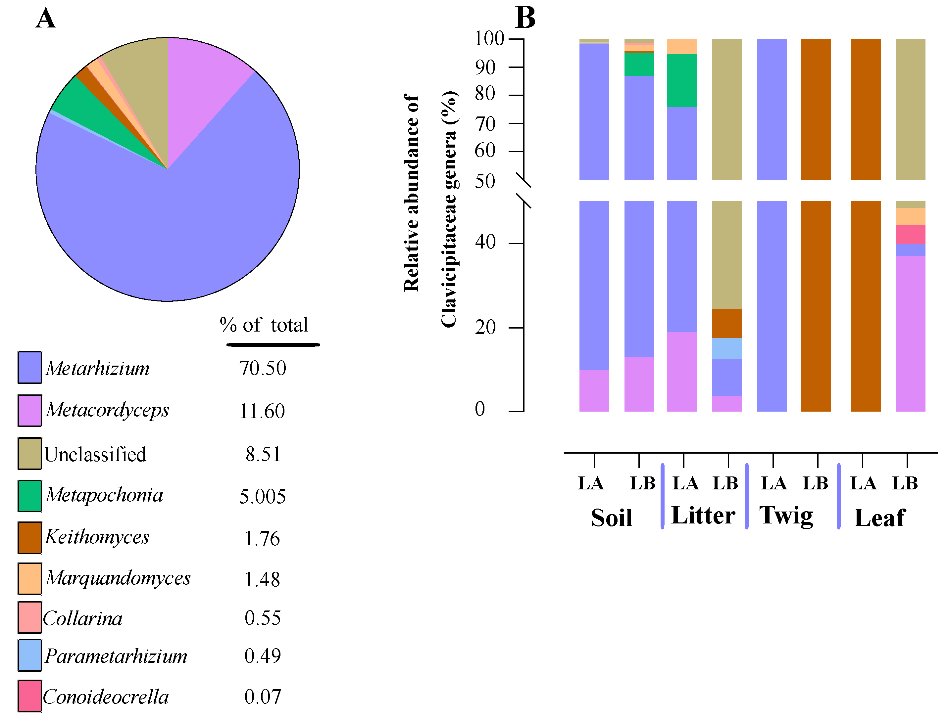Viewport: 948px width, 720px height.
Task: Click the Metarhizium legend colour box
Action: (29, 367)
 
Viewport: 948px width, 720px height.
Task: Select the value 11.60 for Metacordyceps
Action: (262, 411)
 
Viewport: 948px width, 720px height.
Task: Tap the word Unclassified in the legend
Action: (95, 454)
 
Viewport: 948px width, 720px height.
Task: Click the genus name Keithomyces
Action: (97, 537)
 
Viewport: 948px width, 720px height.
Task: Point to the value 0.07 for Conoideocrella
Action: (262, 697)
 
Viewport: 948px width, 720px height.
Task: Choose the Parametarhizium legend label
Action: (116, 656)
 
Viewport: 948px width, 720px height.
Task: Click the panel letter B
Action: (525, 18)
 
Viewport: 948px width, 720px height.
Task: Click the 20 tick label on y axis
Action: (485, 328)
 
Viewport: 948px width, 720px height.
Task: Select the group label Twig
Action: (786, 516)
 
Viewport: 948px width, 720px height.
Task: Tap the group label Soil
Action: (612, 518)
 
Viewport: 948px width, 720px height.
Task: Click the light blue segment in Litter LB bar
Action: (727, 348)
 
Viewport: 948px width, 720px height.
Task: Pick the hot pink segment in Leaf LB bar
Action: (910, 234)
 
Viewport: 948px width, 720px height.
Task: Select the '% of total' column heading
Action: (264, 325)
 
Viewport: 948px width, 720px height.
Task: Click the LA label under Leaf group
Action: (863, 483)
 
